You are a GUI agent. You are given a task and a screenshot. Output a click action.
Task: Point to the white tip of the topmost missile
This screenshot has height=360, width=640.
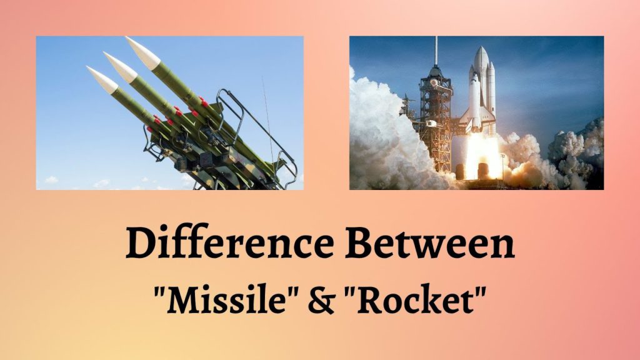pos(141,51)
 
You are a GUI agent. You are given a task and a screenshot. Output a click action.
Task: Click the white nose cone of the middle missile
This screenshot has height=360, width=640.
pos(119,66)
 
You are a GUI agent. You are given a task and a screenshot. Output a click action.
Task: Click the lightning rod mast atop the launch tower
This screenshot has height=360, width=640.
pos(436,51)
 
